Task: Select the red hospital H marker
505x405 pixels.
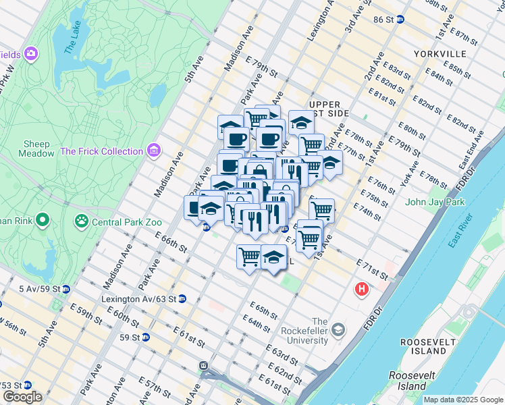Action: pyautogui.click(x=362, y=290)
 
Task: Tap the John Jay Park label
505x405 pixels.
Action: pyautogui.click(x=436, y=202)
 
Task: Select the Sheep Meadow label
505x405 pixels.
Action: pyautogui.click(x=37, y=148)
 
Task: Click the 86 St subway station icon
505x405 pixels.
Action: pyautogui.click(x=400, y=20)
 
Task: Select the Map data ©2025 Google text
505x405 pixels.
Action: pyautogui.click(x=463, y=400)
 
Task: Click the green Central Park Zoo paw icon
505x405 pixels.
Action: pyautogui.click(x=82, y=220)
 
